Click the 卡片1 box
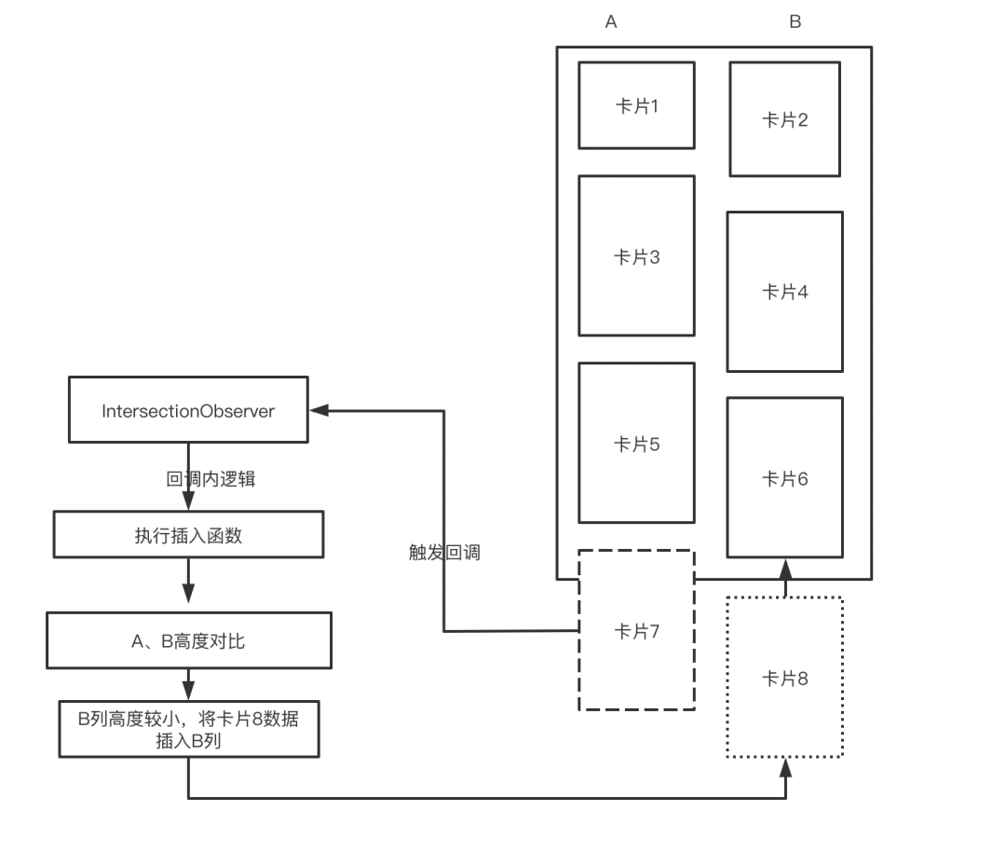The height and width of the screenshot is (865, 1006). pos(636,105)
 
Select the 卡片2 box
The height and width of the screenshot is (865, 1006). pos(784,119)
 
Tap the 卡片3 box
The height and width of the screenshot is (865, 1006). pos(636,256)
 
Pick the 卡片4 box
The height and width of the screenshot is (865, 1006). pos(784,292)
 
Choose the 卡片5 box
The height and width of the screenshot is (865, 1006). pos(636,444)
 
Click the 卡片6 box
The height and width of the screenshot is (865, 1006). pos(784,478)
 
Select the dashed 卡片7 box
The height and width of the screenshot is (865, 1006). pos(636,631)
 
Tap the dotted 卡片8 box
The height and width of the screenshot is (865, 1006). pos(784,678)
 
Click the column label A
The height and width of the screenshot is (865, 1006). pos(611,22)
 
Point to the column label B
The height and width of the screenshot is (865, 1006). pos(795,22)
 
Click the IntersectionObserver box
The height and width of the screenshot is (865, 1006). pos(188,410)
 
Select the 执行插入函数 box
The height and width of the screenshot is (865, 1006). pos(188,535)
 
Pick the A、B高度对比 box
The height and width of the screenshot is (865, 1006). pos(188,640)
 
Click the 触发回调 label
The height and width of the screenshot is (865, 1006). pos(444,552)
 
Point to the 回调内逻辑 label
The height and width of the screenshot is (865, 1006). pos(211,479)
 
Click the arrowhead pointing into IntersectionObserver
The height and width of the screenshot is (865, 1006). pos(319,410)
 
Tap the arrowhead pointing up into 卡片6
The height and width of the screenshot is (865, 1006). pos(785,567)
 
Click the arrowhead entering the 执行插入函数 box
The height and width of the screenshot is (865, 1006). pos(188,502)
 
